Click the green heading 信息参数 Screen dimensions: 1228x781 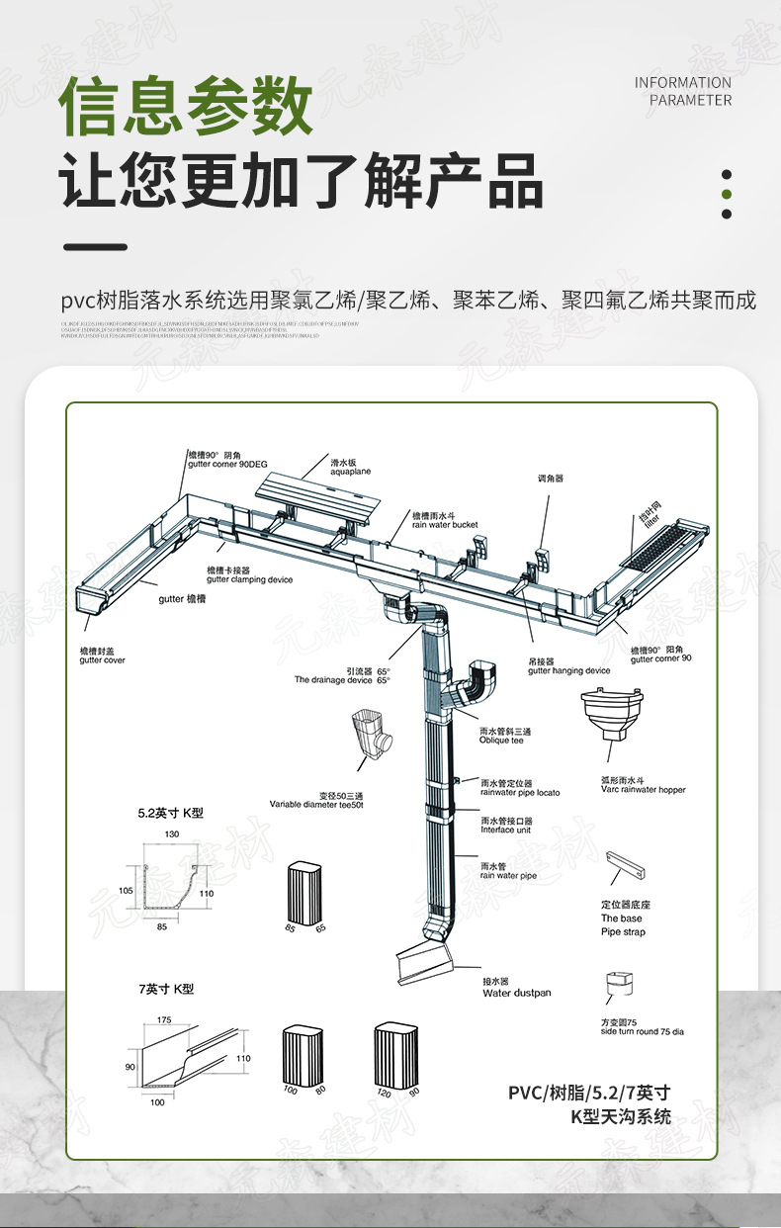[x=187, y=106]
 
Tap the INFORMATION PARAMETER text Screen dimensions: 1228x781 [x=682, y=91]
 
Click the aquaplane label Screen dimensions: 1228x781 [x=350, y=468]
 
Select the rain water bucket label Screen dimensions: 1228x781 [x=445, y=520]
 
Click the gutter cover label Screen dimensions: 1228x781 [x=102, y=656]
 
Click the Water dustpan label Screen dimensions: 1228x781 [x=516, y=988]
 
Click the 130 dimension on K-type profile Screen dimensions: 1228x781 [x=172, y=834]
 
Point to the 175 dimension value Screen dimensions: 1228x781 [x=163, y=1019]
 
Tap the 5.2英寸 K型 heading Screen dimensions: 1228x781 [x=170, y=813]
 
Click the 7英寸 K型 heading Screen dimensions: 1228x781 [x=165, y=989]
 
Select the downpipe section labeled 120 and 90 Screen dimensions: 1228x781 [x=395, y=1055]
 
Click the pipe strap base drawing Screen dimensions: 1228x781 [x=626, y=867]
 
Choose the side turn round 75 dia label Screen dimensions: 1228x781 [x=642, y=1026]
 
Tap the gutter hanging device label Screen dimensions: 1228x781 [x=568, y=666]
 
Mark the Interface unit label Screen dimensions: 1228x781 [x=506, y=826]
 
